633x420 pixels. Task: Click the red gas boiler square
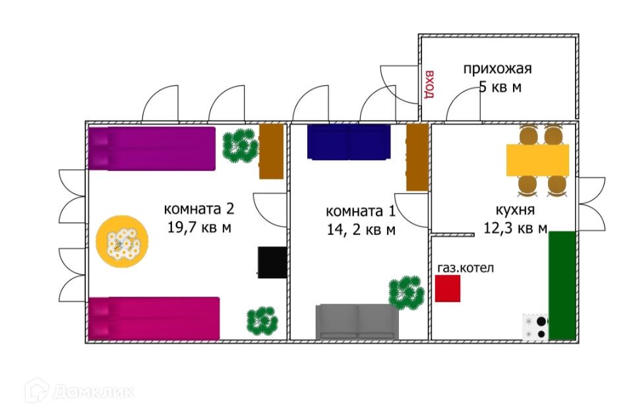click(x=448, y=289)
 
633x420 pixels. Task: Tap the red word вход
click(x=430, y=84)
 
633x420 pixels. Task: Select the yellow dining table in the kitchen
click(x=537, y=160)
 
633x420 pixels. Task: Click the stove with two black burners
click(x=535, y=326)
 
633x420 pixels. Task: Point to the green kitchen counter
click(x=562, y=285)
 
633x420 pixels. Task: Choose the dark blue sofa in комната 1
click(x=348, y=142)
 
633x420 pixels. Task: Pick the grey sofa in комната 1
click(x=357, y=322)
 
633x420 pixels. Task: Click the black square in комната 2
click(x=272, y=262)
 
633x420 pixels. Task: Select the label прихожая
click(x=497, y=69)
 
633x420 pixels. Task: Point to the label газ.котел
click(x=466, y=268)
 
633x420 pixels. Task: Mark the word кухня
click(x=514, y=211)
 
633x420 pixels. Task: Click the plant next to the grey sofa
click(x=406, y=293)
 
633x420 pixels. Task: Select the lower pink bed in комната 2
click(x=154, y=318)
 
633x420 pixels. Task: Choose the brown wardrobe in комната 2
click(x=271, y=151)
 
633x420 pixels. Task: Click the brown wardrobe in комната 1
click(x=417, y=158)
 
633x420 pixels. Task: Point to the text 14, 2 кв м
click(x=361, y=230)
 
